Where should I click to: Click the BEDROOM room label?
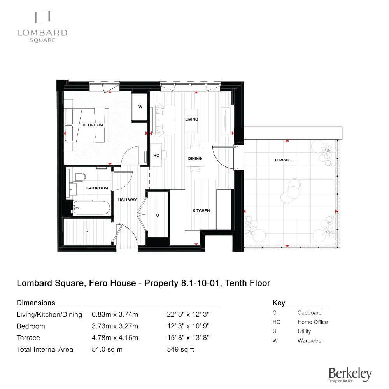(x=93, y=125)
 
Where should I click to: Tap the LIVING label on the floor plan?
(x=191, y=119)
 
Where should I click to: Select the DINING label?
(x=195, y=159)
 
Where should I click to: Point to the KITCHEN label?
(x=201, y=211)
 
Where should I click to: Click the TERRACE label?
(x=283, y=160)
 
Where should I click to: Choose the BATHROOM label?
(x=96, y=188)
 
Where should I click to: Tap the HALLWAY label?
(x=128, y=200)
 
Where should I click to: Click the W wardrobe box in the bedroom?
(x=140, y=107)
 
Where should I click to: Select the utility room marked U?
(x=158, y=215)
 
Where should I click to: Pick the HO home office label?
(x=156, y=156)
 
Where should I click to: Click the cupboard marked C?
(x=87, y=231)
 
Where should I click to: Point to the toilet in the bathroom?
(x=80, y=177)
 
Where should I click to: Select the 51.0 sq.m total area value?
(x=107, y=349)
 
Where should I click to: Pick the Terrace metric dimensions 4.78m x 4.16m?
(x=115, y=338)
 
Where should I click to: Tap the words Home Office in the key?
(x=312, y=322)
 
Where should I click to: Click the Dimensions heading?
(x=36, y=303)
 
